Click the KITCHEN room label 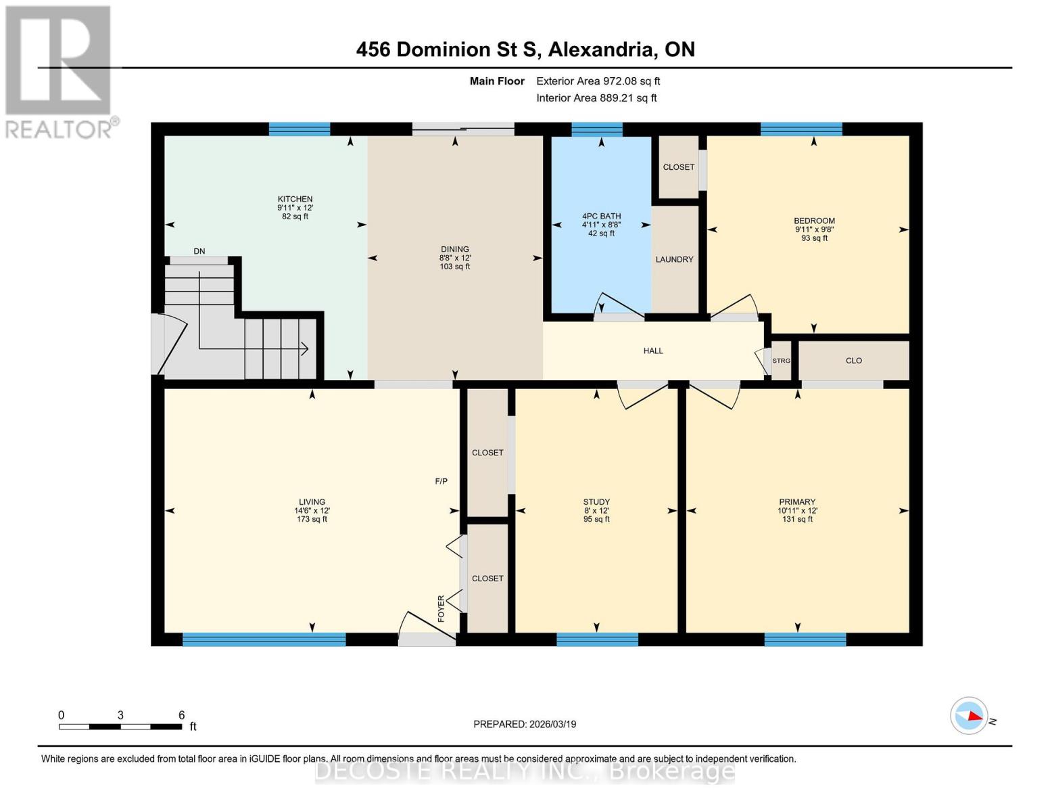295,199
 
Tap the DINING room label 454,249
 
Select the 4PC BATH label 601,217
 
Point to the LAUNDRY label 674,259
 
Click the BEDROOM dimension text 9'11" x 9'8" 814,229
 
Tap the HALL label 653,351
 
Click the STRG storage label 781,361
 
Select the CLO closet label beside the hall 853,361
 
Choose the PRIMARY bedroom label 797,502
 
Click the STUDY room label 596,502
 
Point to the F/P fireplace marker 441,481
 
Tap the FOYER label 442,608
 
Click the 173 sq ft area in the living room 312,519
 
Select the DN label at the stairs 199,251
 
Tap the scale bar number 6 181,715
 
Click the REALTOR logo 59,71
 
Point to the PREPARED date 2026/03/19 525,724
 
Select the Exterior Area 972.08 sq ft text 598,81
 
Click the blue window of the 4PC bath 596,129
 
